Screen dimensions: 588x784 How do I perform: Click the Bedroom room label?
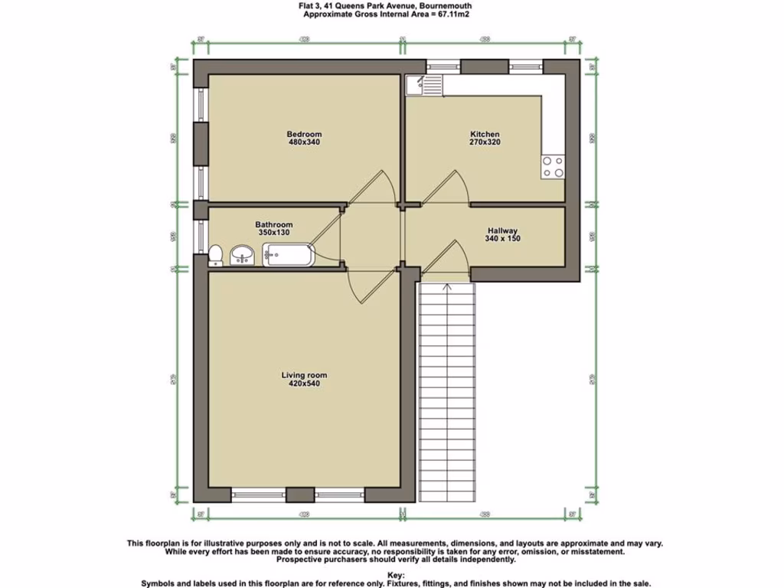(304, 135)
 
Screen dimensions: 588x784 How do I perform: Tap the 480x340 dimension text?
(304, 142)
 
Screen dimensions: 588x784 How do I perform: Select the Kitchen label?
(485, 135)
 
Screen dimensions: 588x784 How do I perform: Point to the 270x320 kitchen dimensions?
(485, 142)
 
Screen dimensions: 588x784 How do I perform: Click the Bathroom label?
(273, 225)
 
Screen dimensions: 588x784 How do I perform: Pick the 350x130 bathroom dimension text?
(273, 233)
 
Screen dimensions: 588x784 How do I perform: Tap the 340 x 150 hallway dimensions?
(502, 239)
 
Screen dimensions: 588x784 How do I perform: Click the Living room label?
(304, 375)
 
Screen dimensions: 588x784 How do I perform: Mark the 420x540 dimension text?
(304, 384)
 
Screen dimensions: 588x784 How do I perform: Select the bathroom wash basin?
(243, 255)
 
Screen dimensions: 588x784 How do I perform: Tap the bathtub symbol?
(288, 255)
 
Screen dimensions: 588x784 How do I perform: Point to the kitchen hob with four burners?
(553, 167)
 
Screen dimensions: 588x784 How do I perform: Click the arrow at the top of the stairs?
(447, 287)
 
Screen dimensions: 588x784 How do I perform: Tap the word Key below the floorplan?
(395, 573)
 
